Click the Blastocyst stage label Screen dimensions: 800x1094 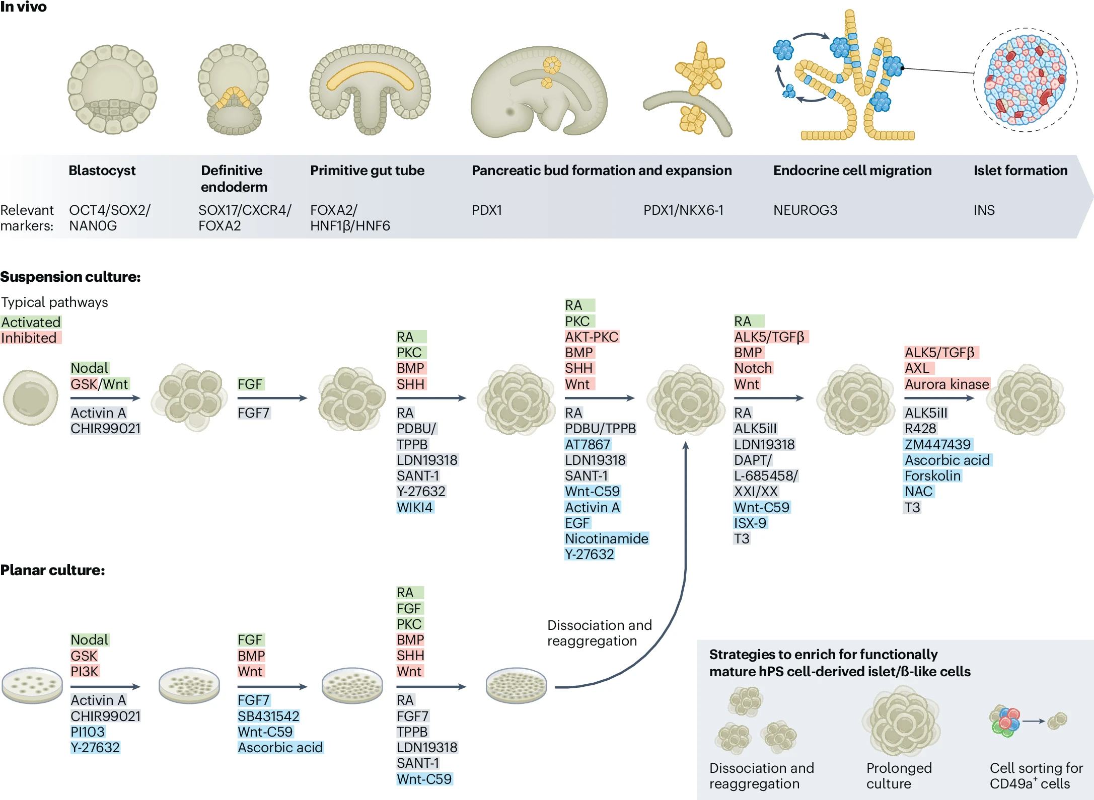pos(102,171)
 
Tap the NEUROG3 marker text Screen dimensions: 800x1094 pos(805,210)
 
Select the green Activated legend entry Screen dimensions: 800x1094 pos(31,322)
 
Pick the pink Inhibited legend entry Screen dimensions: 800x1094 pos(29,338)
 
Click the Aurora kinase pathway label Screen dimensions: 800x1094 pos(946,384)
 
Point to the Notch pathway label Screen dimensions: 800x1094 pos(753,368)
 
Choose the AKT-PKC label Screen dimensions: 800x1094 pos(591,337)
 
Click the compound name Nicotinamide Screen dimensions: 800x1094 pos(606,538)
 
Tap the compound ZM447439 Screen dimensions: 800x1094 pos(937,444)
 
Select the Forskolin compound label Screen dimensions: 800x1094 pos(932,475)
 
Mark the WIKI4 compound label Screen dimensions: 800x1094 pos(414,507)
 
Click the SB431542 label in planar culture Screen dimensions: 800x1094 pos(268,716)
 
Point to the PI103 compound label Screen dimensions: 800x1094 pos(88,732)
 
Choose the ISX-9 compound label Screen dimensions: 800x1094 pos(750,523)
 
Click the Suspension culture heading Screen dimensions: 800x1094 pos(70,277)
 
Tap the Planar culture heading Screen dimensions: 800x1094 pos(52,570)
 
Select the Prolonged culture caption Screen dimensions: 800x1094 pos(899,775)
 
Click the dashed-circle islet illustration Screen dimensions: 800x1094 pos(1026,79)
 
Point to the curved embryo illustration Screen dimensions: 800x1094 pos(539,93)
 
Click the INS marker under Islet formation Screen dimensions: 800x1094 pos(984,210)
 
